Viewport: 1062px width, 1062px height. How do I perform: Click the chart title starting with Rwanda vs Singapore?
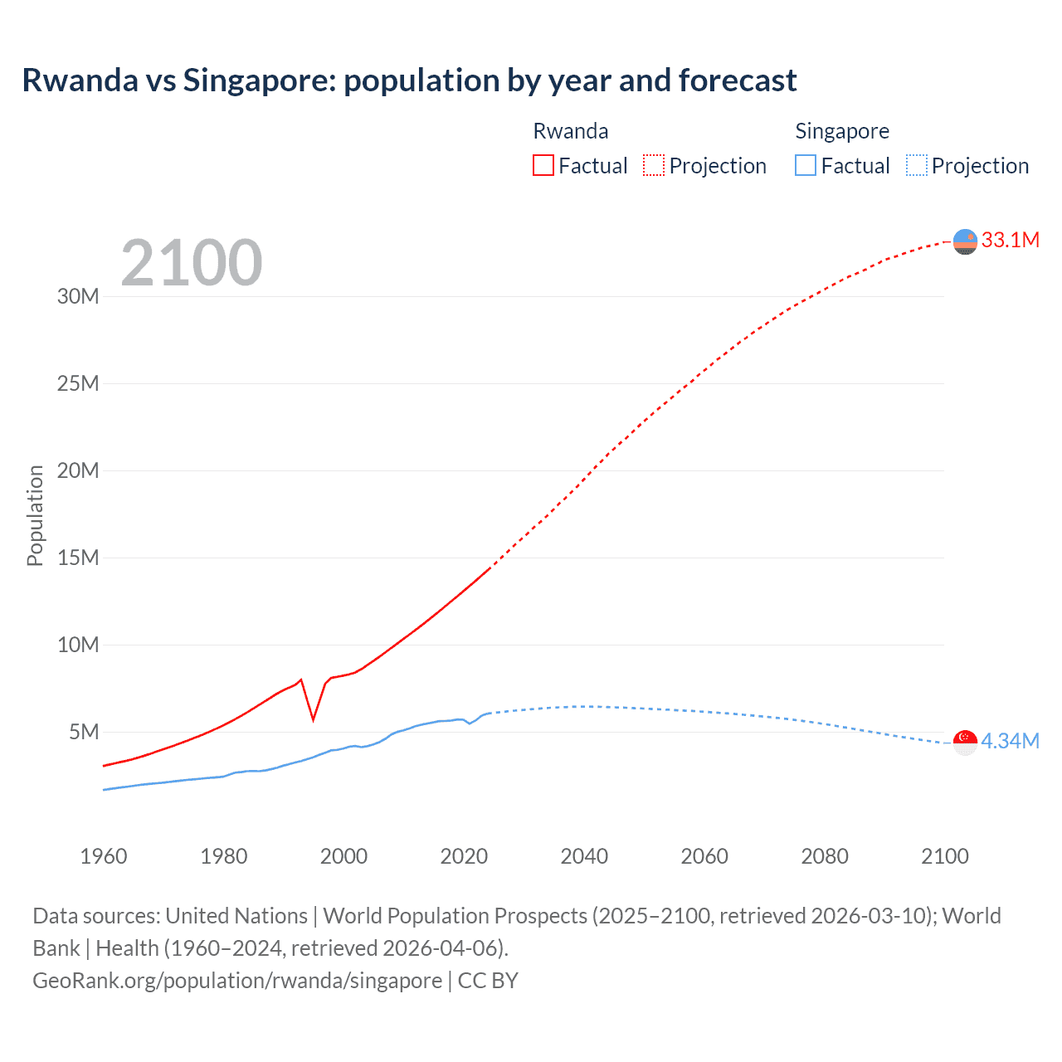click(x=409, y=80)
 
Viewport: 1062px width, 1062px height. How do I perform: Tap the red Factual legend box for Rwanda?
click(x=543, y=166)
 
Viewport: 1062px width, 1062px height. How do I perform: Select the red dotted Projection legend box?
click(x=654, y=166)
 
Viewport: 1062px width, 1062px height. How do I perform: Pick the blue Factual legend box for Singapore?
click(x=805, y=166)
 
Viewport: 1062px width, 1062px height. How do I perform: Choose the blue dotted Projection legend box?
click(x=916, y=166)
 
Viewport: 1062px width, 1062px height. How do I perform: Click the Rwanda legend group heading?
click(x=570, y=131)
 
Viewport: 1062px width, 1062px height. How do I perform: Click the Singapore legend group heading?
click(x=841, y=131)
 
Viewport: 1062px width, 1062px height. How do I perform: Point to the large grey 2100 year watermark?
click(x=192, y=263)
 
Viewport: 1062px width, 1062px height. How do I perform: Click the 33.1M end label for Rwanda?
click(x=1010, y=240)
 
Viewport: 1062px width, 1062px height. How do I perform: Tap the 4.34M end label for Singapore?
click(x=1010, y=741)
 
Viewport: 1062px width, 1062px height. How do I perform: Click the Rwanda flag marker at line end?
click(x=965, y=241)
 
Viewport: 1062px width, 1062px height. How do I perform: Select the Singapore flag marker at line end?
click(x=965, y=742)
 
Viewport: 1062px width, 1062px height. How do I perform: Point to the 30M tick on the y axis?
click(x=78, y=296)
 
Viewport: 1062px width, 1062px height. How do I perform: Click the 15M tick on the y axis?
click(x=78, y=558)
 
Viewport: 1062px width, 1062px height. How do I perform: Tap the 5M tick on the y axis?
click(x=84, y=732)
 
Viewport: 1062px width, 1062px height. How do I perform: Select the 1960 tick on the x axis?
click(x=104, y=856)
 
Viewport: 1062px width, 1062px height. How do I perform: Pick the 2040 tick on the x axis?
click(x=584, y=856)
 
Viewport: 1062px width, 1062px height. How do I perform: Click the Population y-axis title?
click(x=35, y=515)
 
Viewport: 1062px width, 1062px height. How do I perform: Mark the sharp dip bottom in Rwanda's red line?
click(x=313, y=719)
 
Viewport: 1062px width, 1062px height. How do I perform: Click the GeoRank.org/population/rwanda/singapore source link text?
click(x=237, y=981)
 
